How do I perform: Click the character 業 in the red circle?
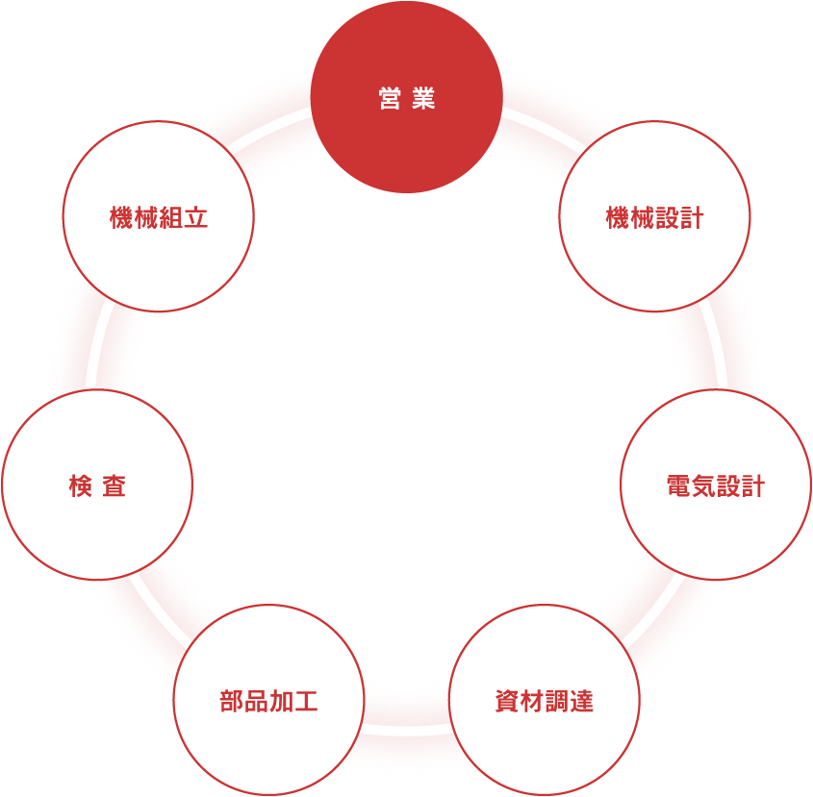coord(423,98)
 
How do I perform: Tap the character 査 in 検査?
coord(114,486)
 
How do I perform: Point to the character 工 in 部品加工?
coord(306,701)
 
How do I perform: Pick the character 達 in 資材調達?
coord(581,701)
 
